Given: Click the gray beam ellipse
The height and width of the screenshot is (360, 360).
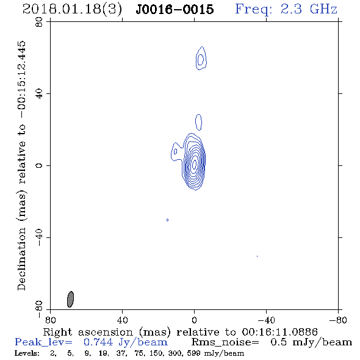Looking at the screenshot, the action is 70,299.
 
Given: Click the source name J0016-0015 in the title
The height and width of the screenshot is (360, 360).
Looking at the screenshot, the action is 175,9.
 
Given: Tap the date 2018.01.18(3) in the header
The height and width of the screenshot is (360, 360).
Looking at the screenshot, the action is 73,9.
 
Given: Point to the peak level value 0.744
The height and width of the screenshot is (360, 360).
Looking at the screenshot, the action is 98,342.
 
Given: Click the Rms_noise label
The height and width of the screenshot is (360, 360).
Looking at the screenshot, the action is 225,342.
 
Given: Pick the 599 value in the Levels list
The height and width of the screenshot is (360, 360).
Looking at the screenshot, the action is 193,353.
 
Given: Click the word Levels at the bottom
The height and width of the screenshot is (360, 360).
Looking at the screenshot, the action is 27,353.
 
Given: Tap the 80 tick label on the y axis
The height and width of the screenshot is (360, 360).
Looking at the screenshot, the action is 39,22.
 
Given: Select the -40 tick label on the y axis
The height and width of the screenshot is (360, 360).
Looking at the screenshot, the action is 39,237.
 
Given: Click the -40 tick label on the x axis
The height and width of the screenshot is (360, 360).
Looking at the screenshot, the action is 266,320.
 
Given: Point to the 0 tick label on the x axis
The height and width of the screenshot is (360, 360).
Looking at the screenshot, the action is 194,320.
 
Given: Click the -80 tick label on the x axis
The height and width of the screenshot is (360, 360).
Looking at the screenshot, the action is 338,320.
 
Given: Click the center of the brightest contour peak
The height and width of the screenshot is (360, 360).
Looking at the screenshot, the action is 195,164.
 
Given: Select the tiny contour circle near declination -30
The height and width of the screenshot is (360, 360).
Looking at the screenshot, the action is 167,220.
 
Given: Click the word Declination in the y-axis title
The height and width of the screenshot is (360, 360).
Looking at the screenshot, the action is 21,259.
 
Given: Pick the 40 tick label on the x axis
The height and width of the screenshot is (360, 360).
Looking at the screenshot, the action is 122,320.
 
